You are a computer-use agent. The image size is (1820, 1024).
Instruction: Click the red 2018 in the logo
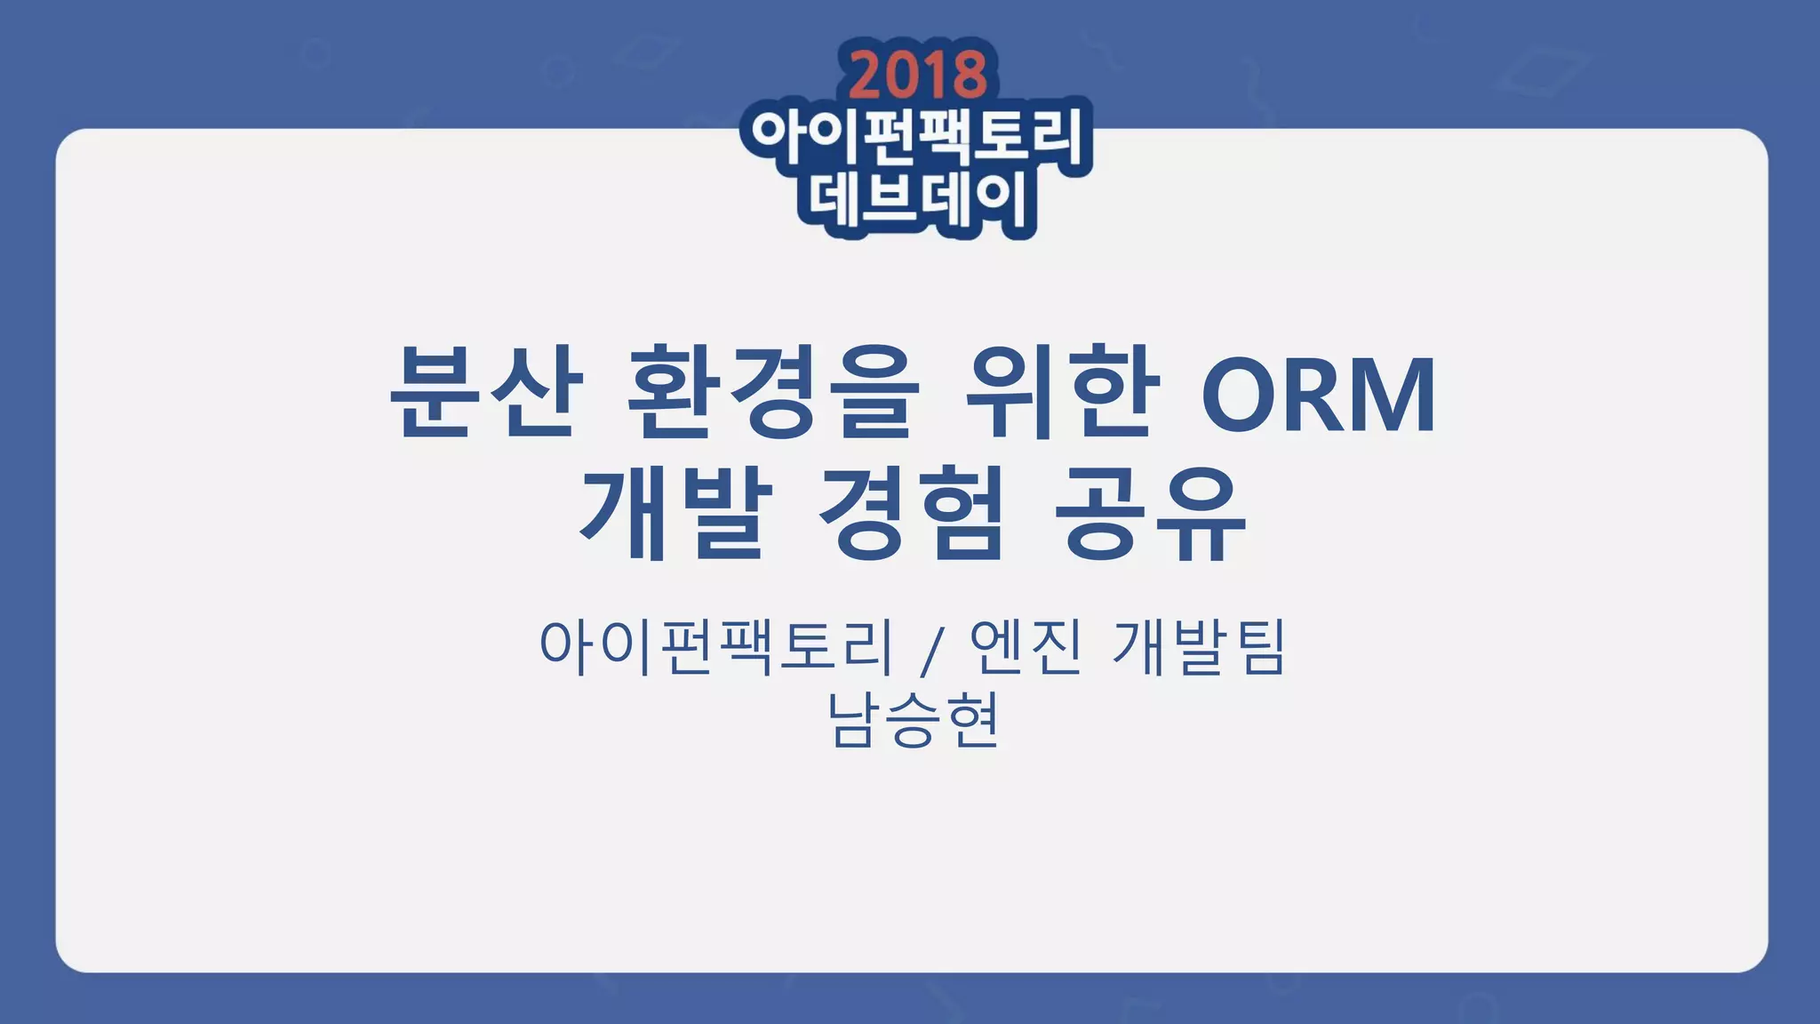pyautogui.click(x=917, y=74)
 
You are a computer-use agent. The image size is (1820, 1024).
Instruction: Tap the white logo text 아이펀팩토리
pyautogui.click(x=916, y=138)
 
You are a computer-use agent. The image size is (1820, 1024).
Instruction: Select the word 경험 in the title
pyautogui.click(x=912, y=513)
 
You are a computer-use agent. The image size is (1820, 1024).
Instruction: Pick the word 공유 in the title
pyautogui.click(x=1151, y=513)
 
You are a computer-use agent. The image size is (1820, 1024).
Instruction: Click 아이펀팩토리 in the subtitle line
pyautogui.click(x=715, y=646)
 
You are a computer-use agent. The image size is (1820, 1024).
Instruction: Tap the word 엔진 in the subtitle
pyautogui.click(x=1026, y=646)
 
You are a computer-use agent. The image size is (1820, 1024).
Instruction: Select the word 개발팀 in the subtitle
pyautogui.click(x=1199, y=646)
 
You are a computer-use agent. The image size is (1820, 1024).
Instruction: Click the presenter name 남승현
pyautogui.click(x=914, y=719)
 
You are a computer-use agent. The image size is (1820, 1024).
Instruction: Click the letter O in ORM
pyautogui.click(x=1244, y=395)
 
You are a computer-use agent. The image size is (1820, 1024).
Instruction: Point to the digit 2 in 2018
pyautogui.click(x=865, y=75)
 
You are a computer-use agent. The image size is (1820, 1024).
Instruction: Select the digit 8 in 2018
pyautogui.click(x=970, y=75)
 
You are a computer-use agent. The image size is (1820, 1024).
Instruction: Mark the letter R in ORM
pyautogui.click(x=1314, y=395)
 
